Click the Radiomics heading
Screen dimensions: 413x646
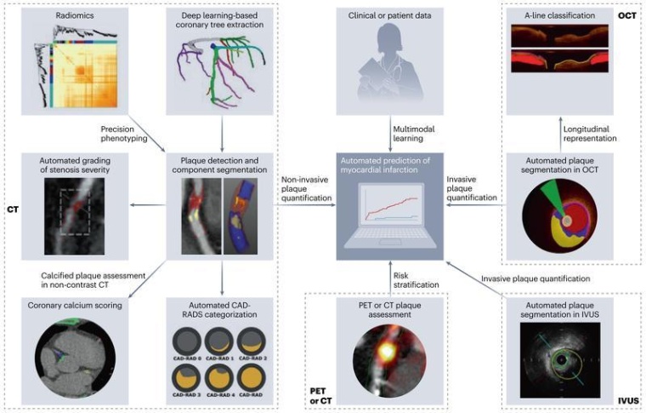[59, 15]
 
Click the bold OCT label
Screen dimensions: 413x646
[626, 14]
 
